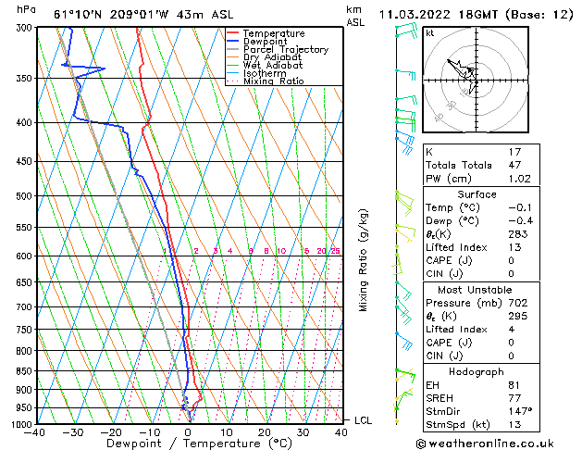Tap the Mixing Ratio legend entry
(274, 81)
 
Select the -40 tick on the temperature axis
(36, 432)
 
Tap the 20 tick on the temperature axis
(265, 432)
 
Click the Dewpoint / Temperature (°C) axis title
(187, 444)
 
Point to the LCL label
(363, 420)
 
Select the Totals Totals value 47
(515, 165)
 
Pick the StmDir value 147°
(520, 411)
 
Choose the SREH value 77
(515, 397)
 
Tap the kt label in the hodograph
(429, 32)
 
